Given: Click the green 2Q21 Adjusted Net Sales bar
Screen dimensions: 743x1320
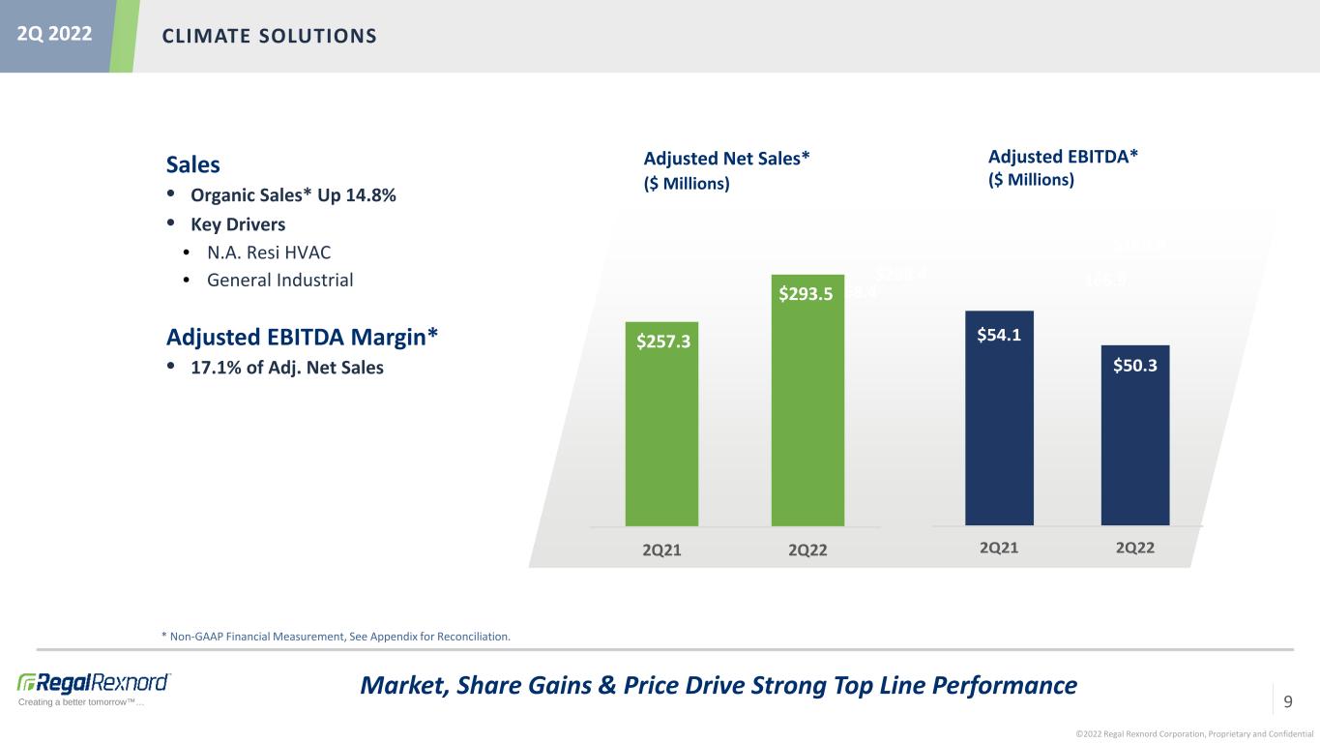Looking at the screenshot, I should pyautogui.click(x=661, y=435).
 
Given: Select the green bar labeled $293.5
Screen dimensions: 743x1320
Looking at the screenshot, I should pyautogui.click(x=807, y=416).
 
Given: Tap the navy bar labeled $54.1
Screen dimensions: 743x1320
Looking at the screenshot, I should pyautogui.click(x=1000, y=426).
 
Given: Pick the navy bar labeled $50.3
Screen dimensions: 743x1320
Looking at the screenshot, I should pyautogui.click(x=1134, y=440).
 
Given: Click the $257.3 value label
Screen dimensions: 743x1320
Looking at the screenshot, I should pyautogui.click(x=662, y=342).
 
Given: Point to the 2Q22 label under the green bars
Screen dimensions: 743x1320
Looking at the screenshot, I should pyautogui.click(x=807, y=550).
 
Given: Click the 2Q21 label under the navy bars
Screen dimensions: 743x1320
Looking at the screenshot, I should pyautogui.click(x=999, y=549).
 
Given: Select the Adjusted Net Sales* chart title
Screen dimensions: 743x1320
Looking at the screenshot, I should pyautogui.click(x=725, y=159).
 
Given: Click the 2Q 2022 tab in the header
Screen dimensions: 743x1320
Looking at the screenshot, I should pyautogui.click(x=54, y=35).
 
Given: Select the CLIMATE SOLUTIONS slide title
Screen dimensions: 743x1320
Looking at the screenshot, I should pyautogui.click(x=269, y=37).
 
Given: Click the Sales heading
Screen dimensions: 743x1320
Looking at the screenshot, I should pyautogui.click(x=193, y=164).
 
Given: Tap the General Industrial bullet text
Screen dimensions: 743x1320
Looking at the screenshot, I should pyautogui.click(x=279, y=281).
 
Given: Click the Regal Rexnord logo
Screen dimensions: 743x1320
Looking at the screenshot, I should pyautogui.click(x=94, y=682).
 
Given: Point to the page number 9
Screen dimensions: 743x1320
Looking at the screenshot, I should pyautogui.click(x=1287, y=700).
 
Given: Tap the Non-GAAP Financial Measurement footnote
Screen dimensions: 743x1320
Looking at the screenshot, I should pyautogui.click(x=336, y=637).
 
